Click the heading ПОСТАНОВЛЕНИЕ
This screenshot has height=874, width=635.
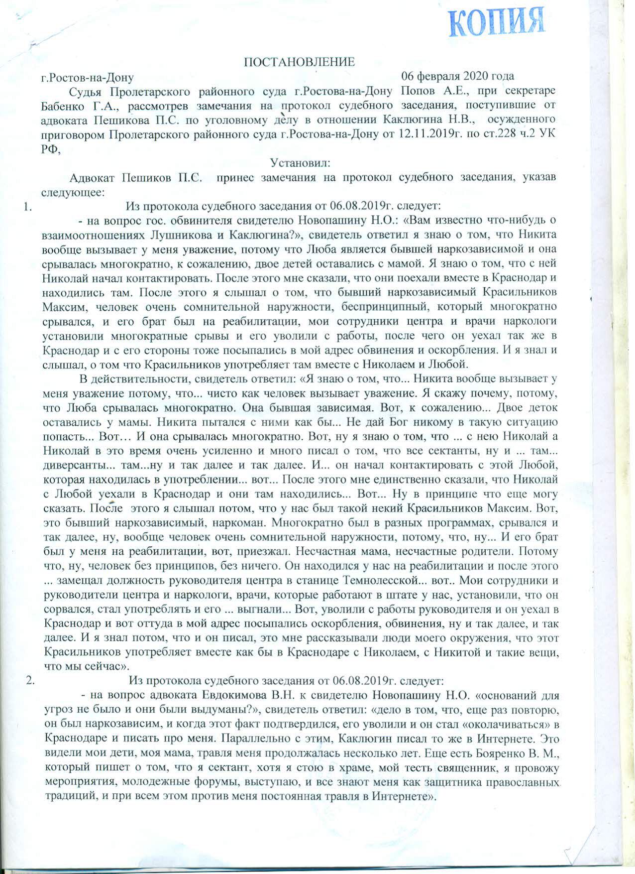(x=299, y=62)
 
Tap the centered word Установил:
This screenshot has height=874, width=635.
(x=297, y=163)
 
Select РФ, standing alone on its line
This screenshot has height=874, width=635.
(x=50, y=149)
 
